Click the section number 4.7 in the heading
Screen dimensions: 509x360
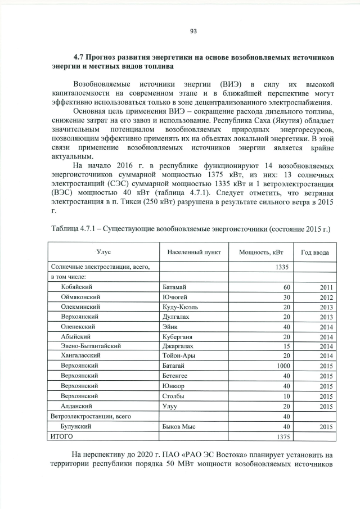click(x=80, y=57)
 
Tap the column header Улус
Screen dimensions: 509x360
click(x=103, y=253)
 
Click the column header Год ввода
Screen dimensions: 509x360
click(x=315, y=253)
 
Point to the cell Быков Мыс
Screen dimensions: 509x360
click(x=178, y=427)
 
